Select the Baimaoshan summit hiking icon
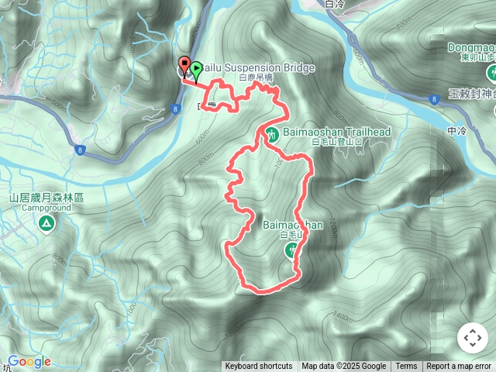292,249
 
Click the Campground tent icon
46,224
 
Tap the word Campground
46,208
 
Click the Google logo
29,361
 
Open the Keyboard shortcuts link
258,367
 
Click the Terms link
406,367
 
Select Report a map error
459,367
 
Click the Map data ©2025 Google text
344,367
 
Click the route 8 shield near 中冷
435,98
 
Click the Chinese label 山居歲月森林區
46,198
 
